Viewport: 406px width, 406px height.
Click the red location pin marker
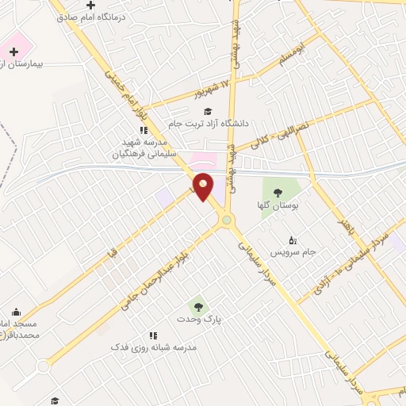point(203,186)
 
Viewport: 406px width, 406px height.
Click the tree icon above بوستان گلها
point(278,193)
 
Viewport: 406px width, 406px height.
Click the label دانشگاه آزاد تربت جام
point(209,124)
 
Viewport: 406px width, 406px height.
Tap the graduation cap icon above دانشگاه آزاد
point(208,111)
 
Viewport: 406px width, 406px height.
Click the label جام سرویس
point(293,252)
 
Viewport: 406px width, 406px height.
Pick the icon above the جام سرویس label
point(292,239)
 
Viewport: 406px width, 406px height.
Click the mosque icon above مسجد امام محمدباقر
point(17,312)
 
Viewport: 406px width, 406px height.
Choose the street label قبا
point(116,253)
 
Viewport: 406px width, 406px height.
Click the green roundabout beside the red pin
point(228,220)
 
